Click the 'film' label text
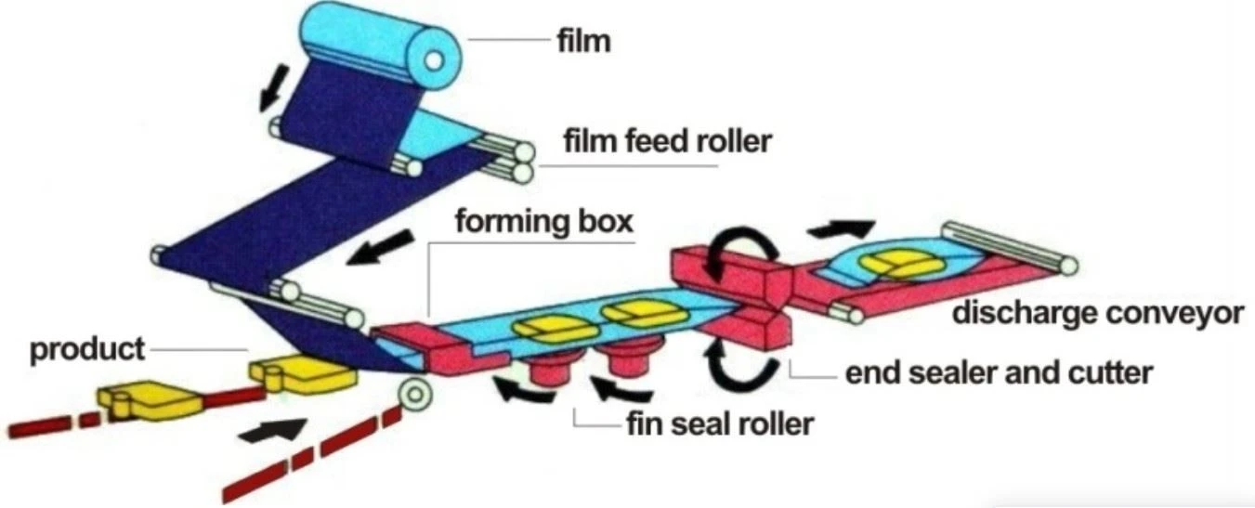(583, 42)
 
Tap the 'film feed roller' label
(668, 141)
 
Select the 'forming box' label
(544, 221)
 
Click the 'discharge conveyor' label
(1098, 313)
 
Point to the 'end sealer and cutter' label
(999, 373)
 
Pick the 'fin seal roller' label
(720, 424)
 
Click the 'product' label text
(86, 349)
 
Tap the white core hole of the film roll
(434, 60)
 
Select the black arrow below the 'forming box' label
(379, 248)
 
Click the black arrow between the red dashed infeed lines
(273, 430)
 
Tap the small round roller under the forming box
(415, 394)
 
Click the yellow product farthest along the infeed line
(149, 400)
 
